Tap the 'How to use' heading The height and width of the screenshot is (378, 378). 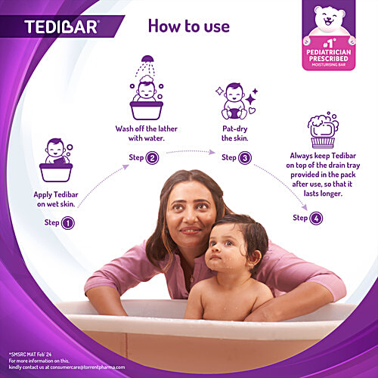(189, 26)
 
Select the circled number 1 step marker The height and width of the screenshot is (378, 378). (68, 223)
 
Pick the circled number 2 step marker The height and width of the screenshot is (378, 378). (152, 158)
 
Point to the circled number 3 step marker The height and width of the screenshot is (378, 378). (244, 158)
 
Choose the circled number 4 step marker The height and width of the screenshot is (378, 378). (315, 218)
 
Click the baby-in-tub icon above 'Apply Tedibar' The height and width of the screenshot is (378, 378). (60, 161)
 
